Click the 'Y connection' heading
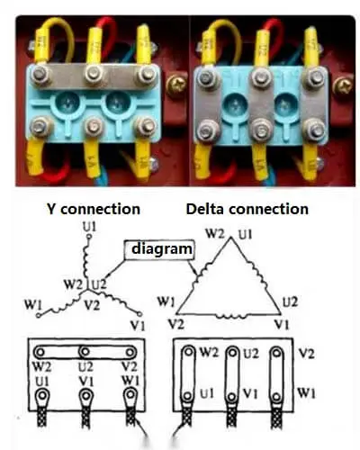click(x=93, y=209)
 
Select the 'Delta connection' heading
click(x=247, y=209)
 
